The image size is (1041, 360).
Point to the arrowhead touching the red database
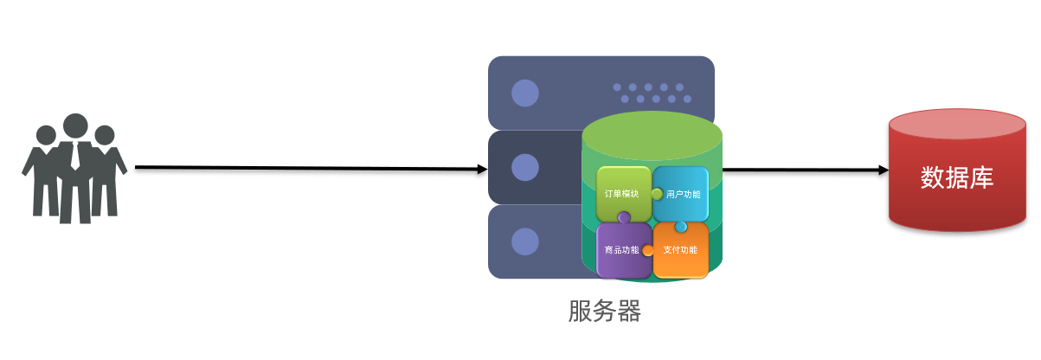(x=883, y=170)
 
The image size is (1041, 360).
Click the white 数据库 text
(x=956, y=178)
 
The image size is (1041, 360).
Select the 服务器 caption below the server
(x=605, y=312)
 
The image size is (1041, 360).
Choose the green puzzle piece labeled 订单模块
(x=620, y=193)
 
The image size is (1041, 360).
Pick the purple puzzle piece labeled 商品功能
(x=620, y=250)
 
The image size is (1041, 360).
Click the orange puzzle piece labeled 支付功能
(x=681, y=251)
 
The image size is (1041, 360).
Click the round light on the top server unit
(x=524, y=93)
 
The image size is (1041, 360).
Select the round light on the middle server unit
(x=524, y=167)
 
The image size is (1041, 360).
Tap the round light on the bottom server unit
(x=524, y=241)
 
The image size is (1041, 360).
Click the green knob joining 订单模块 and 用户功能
(x=657, y=193)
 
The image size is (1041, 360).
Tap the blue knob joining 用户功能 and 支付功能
(x=681, y=227)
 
